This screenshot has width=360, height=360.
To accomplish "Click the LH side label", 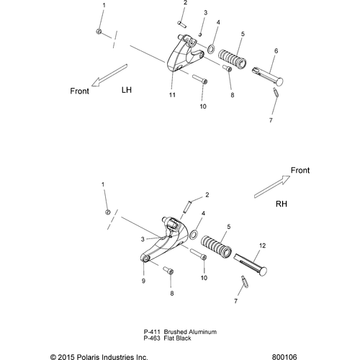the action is [x=127, y=90].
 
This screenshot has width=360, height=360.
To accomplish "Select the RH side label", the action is [x=282, y=204].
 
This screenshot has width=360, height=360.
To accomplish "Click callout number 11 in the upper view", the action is [x=172, y=95].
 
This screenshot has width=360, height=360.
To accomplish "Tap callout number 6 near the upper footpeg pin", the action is [x=276, y=51].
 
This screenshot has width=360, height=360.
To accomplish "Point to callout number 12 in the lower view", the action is [x=263, y=246].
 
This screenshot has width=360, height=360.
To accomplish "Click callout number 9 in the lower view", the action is [x=143, y=281].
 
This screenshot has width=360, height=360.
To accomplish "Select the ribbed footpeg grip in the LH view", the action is [x=232, y=58].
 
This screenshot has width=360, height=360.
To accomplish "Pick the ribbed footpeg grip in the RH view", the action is [x=216, y=246].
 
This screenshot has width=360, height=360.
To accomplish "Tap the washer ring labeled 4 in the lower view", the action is [x=194, y=235].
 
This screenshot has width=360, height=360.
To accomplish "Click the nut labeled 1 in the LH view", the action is [x=99, y=31].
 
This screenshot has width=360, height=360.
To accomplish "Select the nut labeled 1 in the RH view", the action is [x=108, y=212].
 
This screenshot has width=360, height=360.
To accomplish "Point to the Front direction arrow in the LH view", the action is [x=109, y=75].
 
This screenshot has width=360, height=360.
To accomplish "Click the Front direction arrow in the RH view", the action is [x=272, y=186].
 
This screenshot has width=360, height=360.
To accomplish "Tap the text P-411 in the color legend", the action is [x=152, y=332].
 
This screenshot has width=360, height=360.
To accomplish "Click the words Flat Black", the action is [x=178, y=338].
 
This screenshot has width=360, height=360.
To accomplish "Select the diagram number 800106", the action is [x=284, y=357].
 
